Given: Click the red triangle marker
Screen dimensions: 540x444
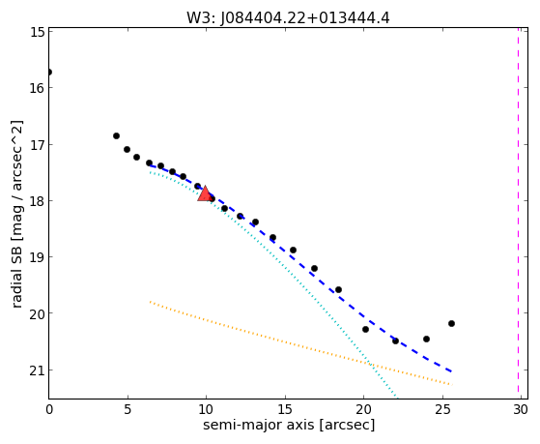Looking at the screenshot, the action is click(x=205, y=193).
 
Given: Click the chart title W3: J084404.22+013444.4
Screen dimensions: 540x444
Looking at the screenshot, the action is click(x=288, y=18).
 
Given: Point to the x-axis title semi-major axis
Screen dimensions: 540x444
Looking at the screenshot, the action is click(x=289, y=425).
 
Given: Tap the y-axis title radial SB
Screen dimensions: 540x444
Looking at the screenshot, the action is click(x=16, y=214).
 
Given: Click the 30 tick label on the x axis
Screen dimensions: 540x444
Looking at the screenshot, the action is click(x=521, y=409).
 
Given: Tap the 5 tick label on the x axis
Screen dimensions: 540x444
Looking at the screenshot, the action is click(x=128, y=409).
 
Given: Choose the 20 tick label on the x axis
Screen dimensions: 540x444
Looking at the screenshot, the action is click(x=363, y=409).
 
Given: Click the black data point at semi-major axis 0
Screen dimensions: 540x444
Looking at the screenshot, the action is click(x=49, y=73).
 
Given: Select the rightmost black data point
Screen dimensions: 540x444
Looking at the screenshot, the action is click(x=451, y=324).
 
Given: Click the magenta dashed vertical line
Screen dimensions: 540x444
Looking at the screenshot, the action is click(x=519, y=211).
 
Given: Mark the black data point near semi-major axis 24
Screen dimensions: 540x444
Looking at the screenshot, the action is click(x=426, y=340).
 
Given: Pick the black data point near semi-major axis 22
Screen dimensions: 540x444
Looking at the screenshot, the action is click(x=395, y=340).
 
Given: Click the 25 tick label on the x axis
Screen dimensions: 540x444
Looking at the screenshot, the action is click(x=441, y=409).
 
